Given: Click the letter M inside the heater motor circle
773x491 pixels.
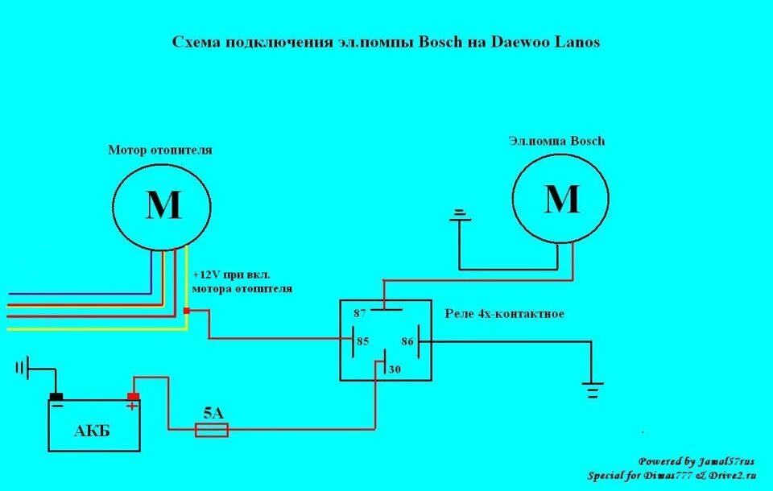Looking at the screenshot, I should [x=163, y=206].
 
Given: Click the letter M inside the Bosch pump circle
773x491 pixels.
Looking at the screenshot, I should [x=562, y=198].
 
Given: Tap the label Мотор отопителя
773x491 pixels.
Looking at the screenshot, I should [x=160, y=151].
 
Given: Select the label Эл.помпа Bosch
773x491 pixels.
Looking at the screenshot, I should [x=556, y=141].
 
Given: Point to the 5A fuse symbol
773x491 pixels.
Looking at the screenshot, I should [x=213, y=431].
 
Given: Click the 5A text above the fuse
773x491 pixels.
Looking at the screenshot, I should [x=213, y=414].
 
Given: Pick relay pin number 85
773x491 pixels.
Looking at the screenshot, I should [x=362, y=341].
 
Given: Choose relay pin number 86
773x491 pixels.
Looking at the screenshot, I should [x=407, y=341].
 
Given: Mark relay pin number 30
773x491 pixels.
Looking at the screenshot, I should [x=395, y=369].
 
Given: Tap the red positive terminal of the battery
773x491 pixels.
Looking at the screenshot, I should [x=133, y=396].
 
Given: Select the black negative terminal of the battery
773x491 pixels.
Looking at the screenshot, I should [x=56, y=396].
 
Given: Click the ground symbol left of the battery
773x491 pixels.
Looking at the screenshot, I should [x=21, y=369].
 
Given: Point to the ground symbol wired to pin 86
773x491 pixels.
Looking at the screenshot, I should [x=593, y=390].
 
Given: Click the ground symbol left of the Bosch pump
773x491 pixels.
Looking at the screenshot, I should [x=459, y=213].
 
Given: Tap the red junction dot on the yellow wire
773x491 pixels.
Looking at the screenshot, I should [x=187, y=311].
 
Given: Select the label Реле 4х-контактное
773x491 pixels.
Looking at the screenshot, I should [x=504, y=314].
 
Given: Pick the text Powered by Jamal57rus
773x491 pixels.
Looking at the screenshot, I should [x=697, y=461].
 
